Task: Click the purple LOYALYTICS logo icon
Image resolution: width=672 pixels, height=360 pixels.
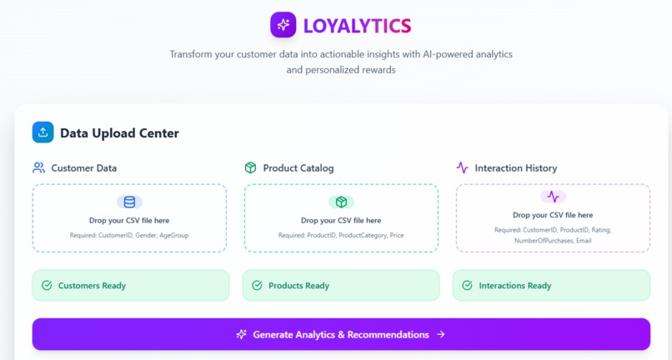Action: point(283,25)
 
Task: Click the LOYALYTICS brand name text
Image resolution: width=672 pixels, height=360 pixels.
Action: point(357,26)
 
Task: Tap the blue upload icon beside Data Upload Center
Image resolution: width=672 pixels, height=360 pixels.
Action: point(43,132)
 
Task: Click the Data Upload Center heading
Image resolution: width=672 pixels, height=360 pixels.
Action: point(119,133)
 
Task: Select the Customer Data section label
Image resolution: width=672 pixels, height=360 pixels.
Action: point(83,167)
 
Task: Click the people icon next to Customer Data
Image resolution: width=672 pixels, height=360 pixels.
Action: point(39,167)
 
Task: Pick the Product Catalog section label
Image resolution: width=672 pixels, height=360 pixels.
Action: point(298,167)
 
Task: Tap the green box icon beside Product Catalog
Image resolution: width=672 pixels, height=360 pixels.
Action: point(250,167)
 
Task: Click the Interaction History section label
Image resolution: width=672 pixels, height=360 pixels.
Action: point(515,167)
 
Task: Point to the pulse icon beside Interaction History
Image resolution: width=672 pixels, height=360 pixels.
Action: point(462,167)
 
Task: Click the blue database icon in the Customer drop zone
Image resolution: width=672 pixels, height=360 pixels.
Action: point(129,202)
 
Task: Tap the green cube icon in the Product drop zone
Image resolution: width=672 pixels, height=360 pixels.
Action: point(341,202)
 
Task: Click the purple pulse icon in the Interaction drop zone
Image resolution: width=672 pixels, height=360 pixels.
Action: point(553,197)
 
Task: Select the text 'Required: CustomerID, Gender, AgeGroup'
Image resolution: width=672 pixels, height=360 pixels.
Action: point(129,236)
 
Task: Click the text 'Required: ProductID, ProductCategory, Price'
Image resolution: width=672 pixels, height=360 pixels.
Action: point(341,236)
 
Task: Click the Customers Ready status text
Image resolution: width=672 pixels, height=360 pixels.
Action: point(92,286)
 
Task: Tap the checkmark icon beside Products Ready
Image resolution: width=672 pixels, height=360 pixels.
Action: point(257,286)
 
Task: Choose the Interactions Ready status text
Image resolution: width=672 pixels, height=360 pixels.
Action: point(514,286)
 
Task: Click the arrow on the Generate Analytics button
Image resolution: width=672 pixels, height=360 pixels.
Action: point(441,334)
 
